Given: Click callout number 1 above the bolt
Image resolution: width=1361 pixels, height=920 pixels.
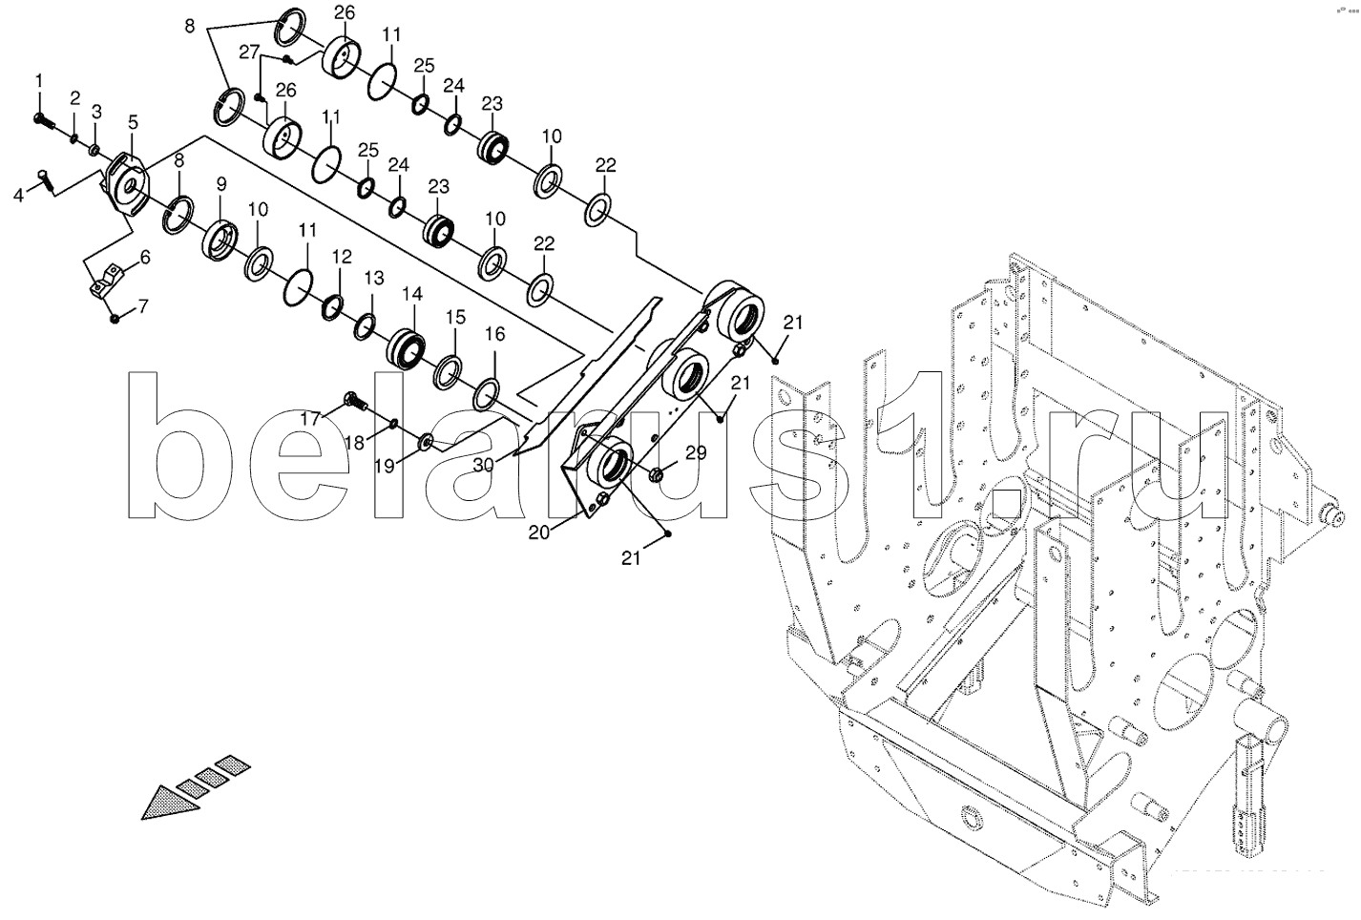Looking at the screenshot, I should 39,80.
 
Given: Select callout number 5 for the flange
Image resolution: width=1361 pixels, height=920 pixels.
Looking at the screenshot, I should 133,121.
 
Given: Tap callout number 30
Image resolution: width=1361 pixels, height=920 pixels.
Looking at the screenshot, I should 485,464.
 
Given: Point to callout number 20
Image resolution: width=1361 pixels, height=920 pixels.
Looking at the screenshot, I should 539,533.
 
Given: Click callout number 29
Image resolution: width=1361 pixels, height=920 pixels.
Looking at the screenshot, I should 696,453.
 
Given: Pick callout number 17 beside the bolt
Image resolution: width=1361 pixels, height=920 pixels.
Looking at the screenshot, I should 312,417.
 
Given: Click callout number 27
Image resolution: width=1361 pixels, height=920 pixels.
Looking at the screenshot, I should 249,52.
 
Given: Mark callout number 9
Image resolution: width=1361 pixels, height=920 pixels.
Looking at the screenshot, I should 220,183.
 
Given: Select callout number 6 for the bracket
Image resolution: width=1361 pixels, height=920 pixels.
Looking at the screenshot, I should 145,258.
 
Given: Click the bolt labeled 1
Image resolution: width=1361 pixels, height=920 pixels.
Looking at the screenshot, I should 42,120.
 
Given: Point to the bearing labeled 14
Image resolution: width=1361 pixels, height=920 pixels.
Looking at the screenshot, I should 408,346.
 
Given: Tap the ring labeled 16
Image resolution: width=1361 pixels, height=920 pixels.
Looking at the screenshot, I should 486,391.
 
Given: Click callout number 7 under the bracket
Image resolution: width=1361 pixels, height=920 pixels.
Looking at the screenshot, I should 144,306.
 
